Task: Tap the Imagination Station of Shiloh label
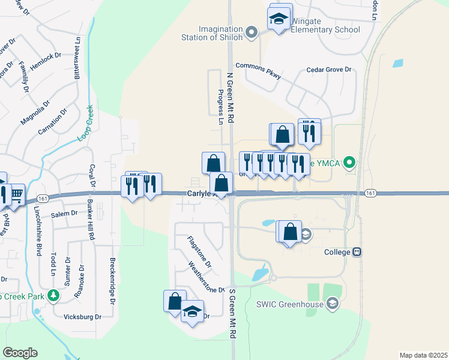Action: point(213,33)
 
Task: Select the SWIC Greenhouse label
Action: point(295,305)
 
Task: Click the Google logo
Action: point(20,353)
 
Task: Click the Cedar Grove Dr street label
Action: point(328,70)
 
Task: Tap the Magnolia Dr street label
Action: point(32,113)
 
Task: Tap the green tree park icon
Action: point(53,296)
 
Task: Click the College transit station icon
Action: point(357,252)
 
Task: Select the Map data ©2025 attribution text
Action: point(423,355)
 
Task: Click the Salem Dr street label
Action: point(64,214)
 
